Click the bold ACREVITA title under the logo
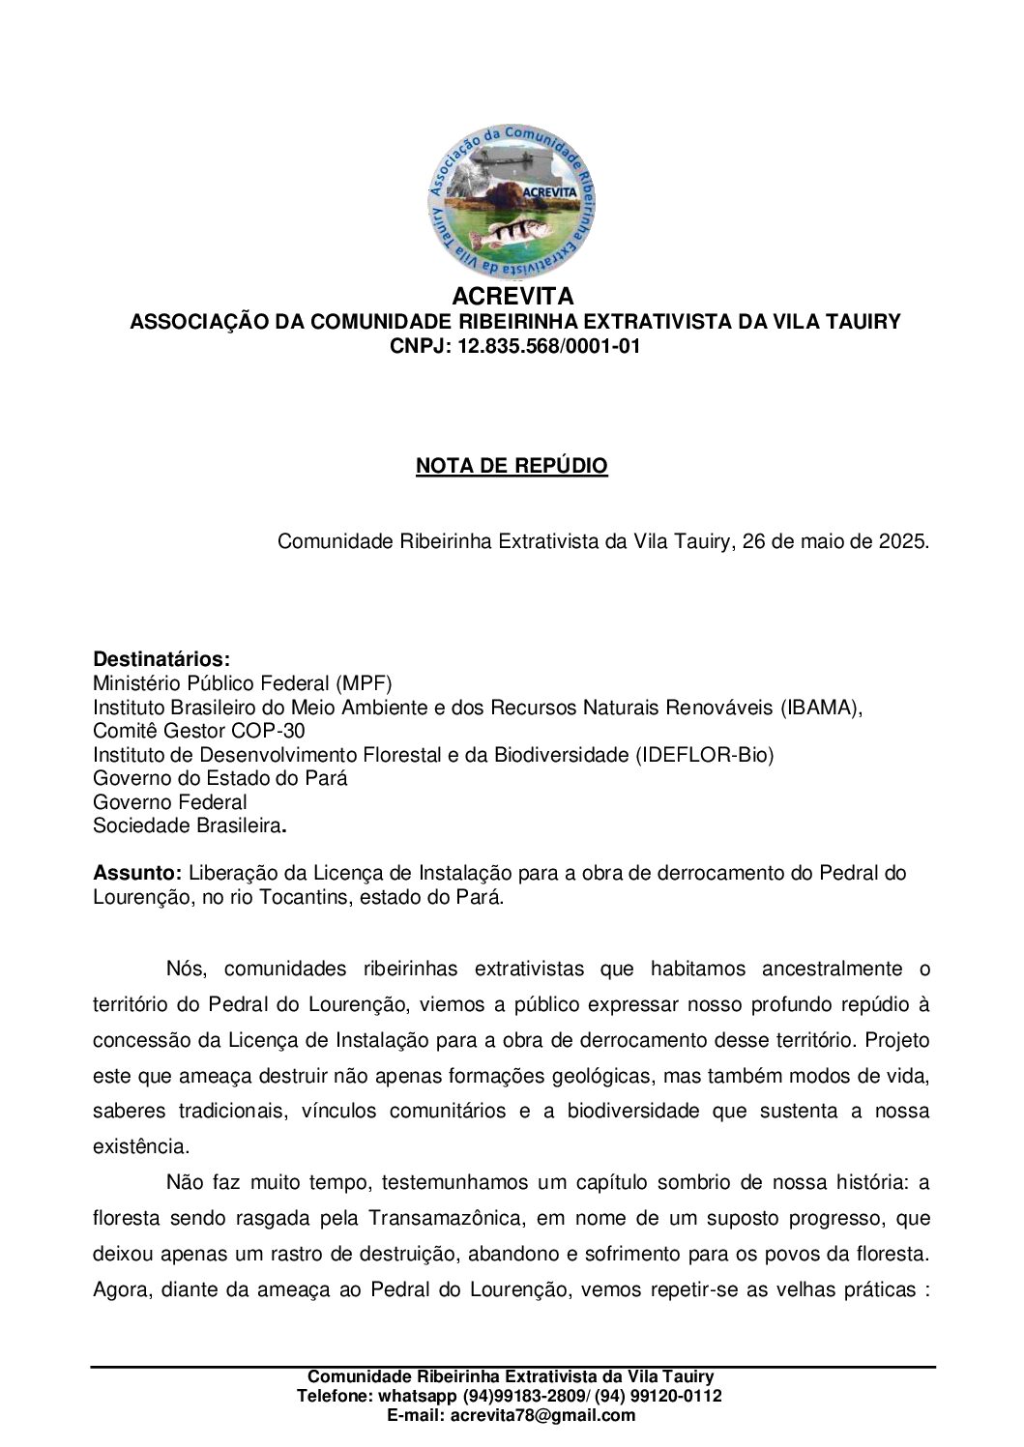pyautogui.click(x=512, y=296)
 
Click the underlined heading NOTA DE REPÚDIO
pyautogui.click(x=512, y=466)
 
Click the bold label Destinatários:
pyautogui.click(x=161, y=659)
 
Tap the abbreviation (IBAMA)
pyautogui.click(x=821, y=708)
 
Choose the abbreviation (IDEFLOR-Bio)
pyautogui.click(x=705, y=755)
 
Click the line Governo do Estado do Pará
pyautogui.click(x=220, y=778)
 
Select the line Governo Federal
pyautogui.click(x=170, y=802)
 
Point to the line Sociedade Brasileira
pyautogui.click(x=189, y=825)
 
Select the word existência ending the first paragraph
pyautogui.click(x=139, y=1146)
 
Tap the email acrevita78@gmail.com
pyautogui.click(x=540, y=1415)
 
